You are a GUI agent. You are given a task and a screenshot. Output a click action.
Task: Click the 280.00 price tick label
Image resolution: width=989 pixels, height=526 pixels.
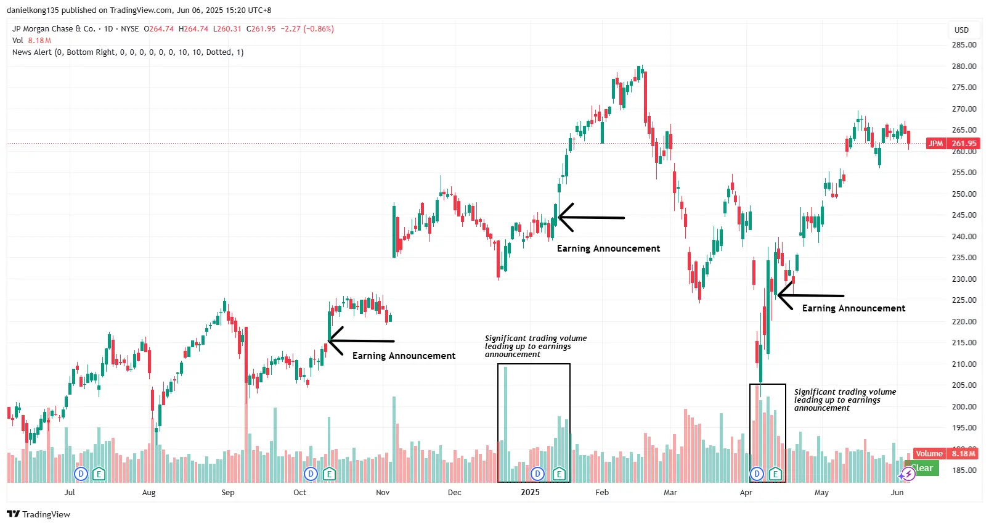coord(964,67)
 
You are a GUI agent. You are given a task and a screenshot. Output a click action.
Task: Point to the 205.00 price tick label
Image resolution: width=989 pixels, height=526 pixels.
coord(964,385)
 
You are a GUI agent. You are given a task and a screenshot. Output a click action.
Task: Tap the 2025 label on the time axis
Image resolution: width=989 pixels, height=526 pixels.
coord(530,492)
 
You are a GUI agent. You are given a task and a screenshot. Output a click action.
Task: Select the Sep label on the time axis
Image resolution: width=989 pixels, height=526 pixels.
coord(228,492)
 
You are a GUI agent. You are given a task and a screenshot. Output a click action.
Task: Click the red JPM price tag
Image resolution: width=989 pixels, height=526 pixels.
coord(935,144)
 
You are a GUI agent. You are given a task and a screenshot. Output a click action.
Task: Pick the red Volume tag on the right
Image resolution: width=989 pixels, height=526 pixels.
coord(929,454)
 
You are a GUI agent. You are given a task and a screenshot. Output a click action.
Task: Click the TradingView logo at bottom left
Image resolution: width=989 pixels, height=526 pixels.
coord(39,514)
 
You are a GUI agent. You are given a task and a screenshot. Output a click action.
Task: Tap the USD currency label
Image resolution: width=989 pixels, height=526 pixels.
coord(961,30)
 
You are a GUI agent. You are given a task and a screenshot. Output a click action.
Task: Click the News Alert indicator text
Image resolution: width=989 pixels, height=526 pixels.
coord(128,52)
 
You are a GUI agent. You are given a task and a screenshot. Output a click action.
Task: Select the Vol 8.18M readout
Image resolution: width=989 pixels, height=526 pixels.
coord(32,41)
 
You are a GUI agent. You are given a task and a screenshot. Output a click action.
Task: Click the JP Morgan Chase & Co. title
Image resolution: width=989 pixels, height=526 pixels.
coord(54,29)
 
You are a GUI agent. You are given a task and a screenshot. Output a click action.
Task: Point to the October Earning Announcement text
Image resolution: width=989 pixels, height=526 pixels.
coord(404,356)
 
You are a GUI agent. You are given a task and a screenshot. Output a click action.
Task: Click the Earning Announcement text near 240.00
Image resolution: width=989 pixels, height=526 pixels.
coord(608,249)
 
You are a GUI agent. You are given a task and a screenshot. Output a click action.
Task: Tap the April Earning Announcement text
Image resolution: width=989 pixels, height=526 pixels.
coord(853,308)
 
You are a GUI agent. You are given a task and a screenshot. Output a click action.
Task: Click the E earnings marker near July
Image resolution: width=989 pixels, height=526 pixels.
coord(99,474)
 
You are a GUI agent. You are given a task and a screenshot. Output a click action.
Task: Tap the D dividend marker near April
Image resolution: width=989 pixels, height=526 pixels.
coord(757,474)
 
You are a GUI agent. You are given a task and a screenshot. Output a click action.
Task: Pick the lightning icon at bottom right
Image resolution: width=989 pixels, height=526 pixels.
coord(907,474)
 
